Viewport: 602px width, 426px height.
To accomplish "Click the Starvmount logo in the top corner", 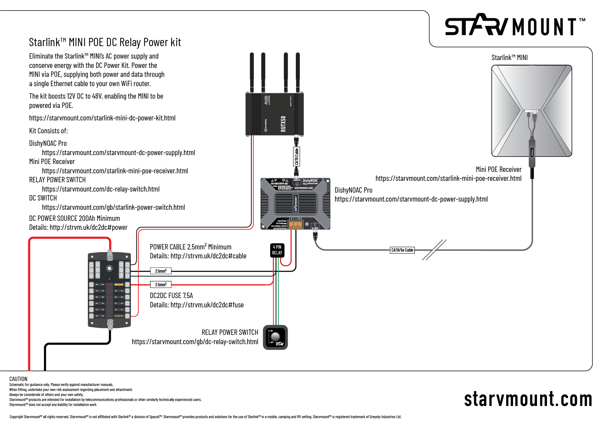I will click(x=514, y=26).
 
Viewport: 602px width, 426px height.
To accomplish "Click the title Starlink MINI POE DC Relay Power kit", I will click(x=105, y=43).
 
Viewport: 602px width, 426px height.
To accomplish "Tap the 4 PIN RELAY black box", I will click(x=277, y=250).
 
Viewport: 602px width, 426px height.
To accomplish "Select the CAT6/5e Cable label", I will click(x=402, y=250).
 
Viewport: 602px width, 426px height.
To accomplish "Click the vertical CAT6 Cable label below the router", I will click(x=296, y=157).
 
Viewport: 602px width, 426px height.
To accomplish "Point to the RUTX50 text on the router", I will click(x=283, y=124).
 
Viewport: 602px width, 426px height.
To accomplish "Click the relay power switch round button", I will click(x=275, y=337).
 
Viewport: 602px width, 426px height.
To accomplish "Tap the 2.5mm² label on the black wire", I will click(x=160, y=271).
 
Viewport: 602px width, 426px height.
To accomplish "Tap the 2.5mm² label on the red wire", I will click(x=160, y=284).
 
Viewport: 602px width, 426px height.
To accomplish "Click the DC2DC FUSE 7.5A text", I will click(x=171, y=296).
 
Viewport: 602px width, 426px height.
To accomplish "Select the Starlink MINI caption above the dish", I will click(x=509, y=58).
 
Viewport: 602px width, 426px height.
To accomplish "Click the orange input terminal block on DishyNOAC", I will click(x=295, y=224).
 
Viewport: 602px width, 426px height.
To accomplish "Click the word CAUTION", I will click(x=18, y=379).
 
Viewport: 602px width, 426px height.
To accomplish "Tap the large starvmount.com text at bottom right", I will click(x=528, y=399).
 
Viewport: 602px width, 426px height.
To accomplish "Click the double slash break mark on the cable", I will click(x=434, y=250).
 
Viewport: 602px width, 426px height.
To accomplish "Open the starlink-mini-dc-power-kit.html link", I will click(x=102, y=118).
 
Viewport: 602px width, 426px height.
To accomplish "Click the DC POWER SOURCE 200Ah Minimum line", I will click(x=74, y=218).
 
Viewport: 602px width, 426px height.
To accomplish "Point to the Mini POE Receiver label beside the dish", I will click(x=498, y=169).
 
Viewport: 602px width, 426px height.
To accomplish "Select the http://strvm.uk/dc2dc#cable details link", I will click(x=208, y=256).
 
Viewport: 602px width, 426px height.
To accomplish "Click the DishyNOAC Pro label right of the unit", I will click(x=353, y=190).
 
